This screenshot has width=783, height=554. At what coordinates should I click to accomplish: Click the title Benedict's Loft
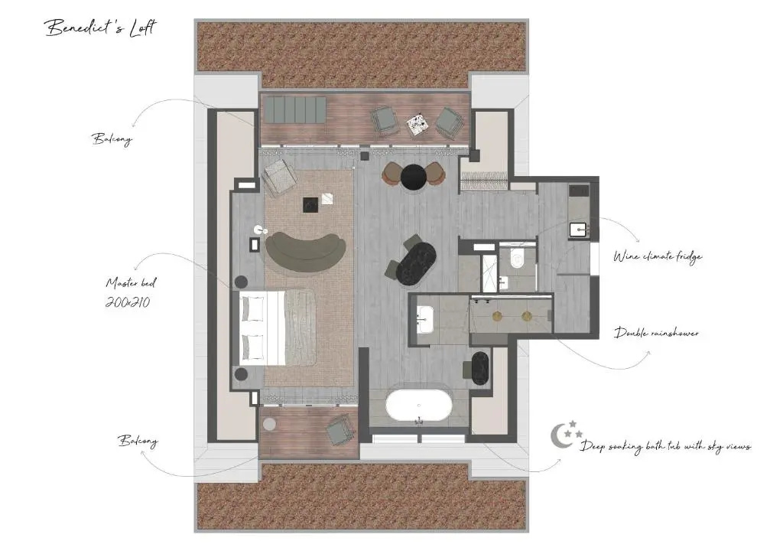(101, 28)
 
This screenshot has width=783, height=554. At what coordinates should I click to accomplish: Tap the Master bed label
(131, 283)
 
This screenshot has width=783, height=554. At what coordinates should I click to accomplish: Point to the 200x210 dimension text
(128, 302)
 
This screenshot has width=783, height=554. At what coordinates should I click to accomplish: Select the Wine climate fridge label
(658, 257)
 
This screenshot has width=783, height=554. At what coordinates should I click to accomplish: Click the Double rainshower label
(656, 333)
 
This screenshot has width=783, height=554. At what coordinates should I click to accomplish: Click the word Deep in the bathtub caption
(593, 446)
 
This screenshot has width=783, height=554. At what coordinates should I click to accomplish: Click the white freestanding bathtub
(418, 405)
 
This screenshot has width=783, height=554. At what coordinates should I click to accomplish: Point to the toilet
(516, 257)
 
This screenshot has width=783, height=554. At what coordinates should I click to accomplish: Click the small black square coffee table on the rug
(310, 204)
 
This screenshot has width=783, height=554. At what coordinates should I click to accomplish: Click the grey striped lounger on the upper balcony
(294, 109)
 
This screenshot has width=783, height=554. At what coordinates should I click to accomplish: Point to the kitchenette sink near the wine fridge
(580, 230)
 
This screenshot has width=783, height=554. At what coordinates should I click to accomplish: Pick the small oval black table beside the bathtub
(480, 368)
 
